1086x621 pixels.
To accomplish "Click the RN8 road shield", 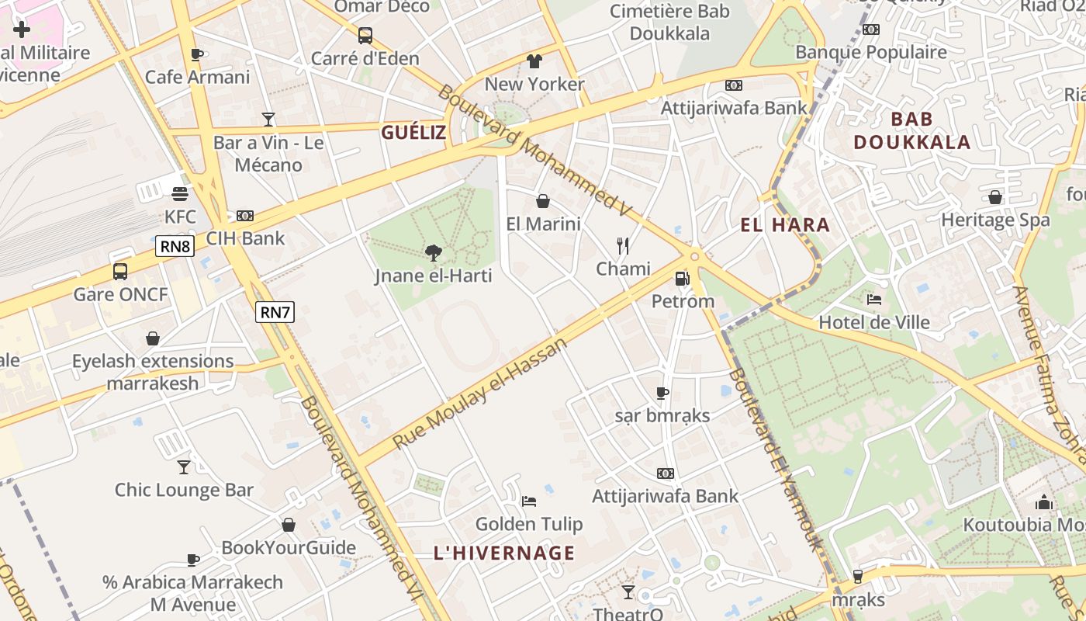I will click(x=175, y=247).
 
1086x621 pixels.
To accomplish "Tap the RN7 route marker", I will click(x=275, y=312).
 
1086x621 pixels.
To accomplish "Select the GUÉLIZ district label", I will click(x=413, y=133).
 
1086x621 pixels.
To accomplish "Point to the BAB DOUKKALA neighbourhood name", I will click(x=912, y=130).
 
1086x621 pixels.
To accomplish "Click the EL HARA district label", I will click(x=785, y=226).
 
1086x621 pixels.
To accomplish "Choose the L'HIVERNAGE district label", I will click(x=504, y=553).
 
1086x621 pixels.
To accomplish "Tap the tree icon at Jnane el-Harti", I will click(x=434, y=252).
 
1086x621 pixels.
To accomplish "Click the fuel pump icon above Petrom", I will click(x=682, y=278).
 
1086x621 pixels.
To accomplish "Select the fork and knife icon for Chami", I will click(x=622, y=246).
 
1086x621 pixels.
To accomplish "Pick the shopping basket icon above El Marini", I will click(x=543, y=201).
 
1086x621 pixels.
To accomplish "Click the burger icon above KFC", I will click(x=180, y=193).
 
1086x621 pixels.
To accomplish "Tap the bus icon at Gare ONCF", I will click(x=120, y=272).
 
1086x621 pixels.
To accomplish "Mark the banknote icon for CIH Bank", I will click(x=245, y=216).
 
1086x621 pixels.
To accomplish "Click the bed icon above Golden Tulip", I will click(x=529, y=501).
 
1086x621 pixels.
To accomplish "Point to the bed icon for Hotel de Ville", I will click(x=874, y=299).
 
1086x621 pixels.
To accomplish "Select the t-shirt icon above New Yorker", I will click(x=534, y=61).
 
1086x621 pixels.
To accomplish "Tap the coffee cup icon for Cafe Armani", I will click(x=197, y=54).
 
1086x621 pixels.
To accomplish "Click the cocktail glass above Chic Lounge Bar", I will click(x=184, y=467).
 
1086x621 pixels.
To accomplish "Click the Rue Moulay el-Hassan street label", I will click(x=480, y=393).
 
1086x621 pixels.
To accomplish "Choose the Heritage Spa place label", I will click(x=995, y=220).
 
